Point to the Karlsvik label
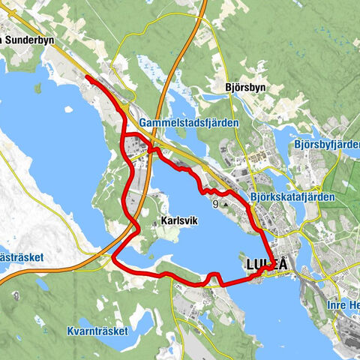pyautogui.click(x=179, y=222)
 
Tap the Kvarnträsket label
pyautogui.click(x=97, y=331)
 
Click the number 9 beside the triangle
pyautogui.click(x=216, y=204)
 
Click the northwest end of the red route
pyautogui.click(x=87, y=77)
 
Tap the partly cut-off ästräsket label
pyautogui.click(x=22, y=257)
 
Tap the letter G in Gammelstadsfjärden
pyautogui.click(x=143, y=121)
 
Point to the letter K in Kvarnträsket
pyautogui.click(x=69, y=331)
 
